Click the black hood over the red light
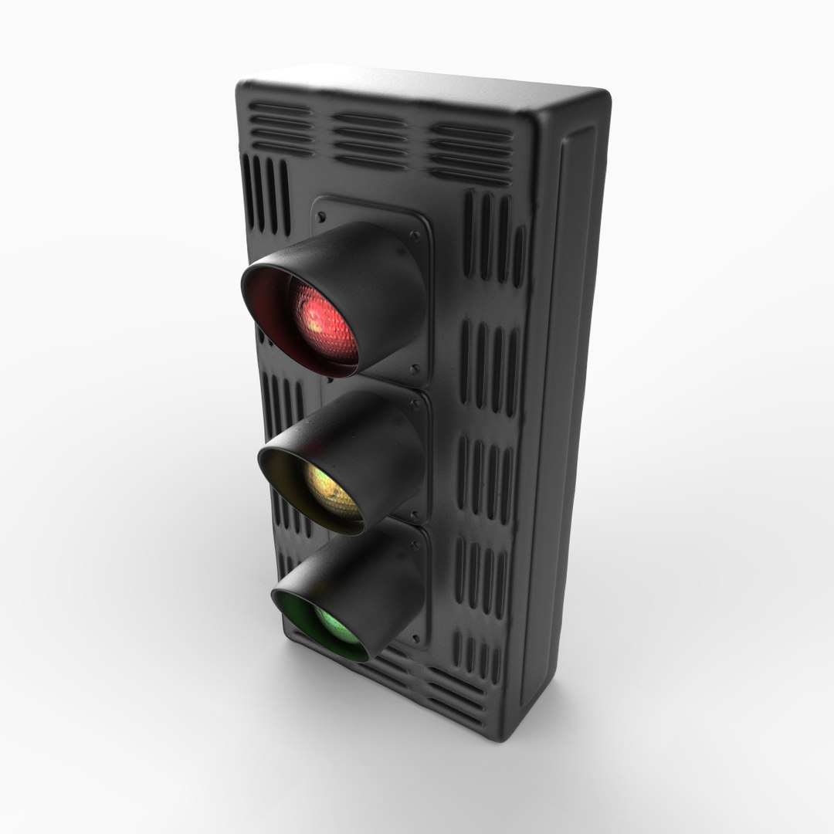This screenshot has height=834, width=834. pos(363,263)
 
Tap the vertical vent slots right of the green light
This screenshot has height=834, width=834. pos(479,571)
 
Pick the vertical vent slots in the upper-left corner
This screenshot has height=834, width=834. pos(269,193)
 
